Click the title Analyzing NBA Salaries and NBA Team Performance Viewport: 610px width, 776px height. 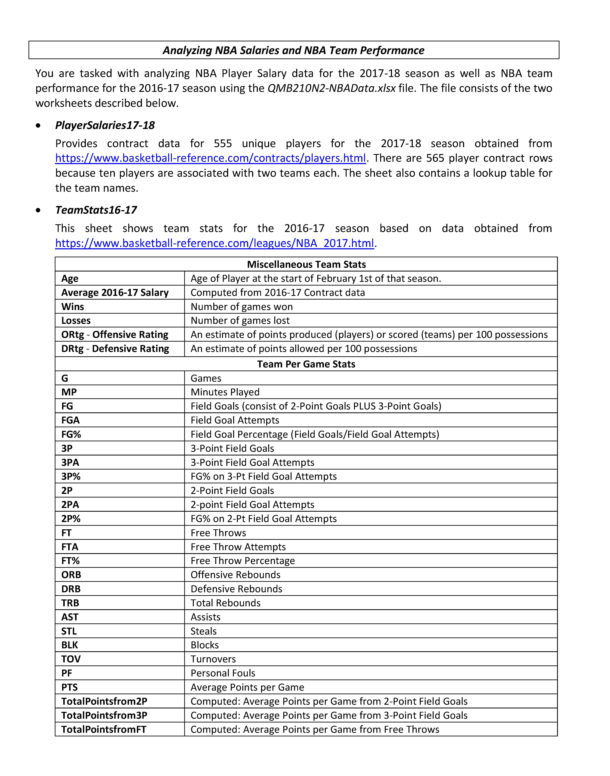[x=294, y=50]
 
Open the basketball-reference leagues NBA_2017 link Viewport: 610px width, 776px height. [x=214, y=243]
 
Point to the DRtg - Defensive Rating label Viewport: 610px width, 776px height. [x=115, y=349]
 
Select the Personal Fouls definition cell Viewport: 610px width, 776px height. [x=223, y=673]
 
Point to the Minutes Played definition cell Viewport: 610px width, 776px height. [x=225, y=392]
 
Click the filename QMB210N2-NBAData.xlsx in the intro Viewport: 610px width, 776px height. [x=331, y=88]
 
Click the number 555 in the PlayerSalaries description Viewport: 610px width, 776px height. [x=223, y=143]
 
